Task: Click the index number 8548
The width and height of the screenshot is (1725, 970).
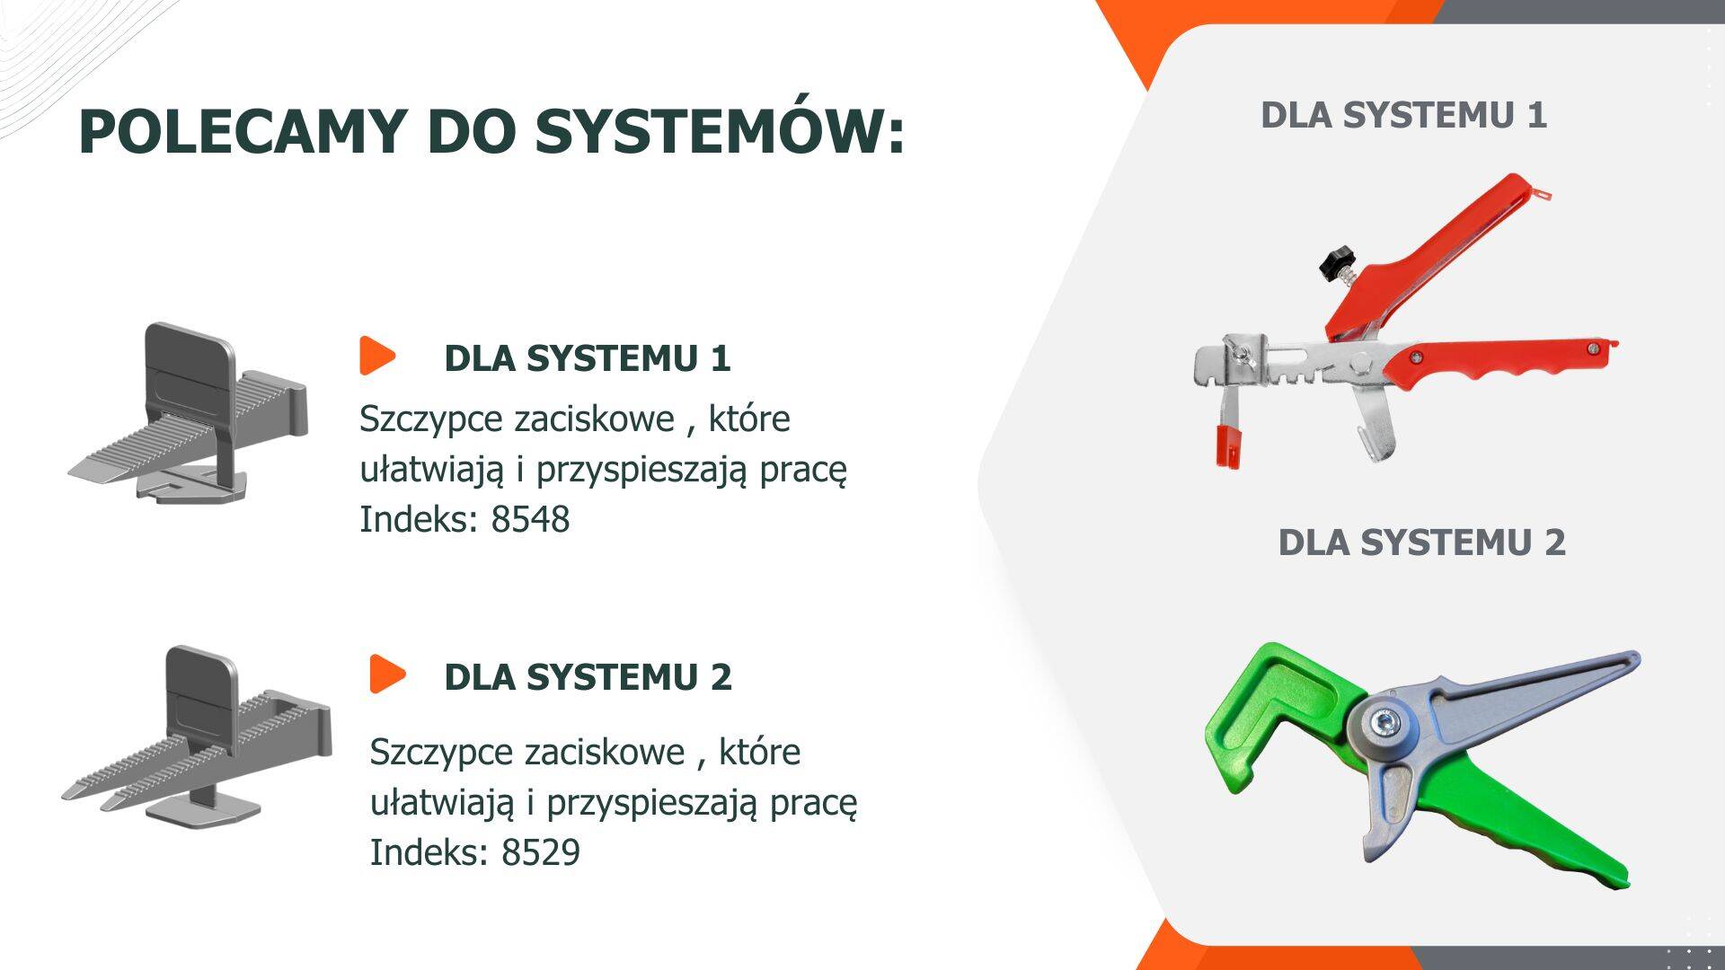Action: (x=530, y=519)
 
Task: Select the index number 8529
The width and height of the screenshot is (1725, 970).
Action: (x=541, y=852)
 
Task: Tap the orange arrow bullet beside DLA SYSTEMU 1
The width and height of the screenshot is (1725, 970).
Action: (x=377, y=356)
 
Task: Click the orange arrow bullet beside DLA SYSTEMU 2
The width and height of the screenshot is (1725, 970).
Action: (x=387, y=674)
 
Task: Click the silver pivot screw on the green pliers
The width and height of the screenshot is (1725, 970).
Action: (x=1384, y=724)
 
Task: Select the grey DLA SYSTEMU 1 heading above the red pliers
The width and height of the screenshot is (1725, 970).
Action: (x=1403, y=115)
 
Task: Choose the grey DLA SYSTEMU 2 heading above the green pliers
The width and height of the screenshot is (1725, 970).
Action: (x=1421, y=542)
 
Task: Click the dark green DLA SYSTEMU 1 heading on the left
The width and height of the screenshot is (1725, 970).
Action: (x=588, y=357)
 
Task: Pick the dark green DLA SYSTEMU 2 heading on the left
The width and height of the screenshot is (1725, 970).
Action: (x=588, y=676)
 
